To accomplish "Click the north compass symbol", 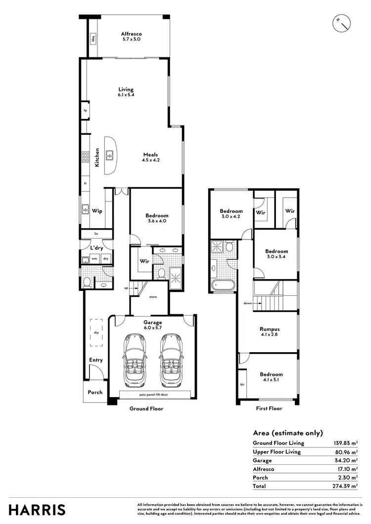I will [x=341, y=22].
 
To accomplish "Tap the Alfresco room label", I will [x=131, y=36].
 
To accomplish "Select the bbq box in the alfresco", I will [x=93, y=38].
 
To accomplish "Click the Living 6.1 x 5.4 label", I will [x=126, y=91].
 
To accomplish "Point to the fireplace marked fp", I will [x=85, y=111].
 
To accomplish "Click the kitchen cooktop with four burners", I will [x=85, y=157].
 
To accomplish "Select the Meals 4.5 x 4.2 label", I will [x=151, y=157].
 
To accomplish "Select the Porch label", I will [x=95, y=392].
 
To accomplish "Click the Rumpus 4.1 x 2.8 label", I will [x=270, y=331].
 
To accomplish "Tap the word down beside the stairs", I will [x=248, y=303].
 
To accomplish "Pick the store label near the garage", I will [x=153, y=297].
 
